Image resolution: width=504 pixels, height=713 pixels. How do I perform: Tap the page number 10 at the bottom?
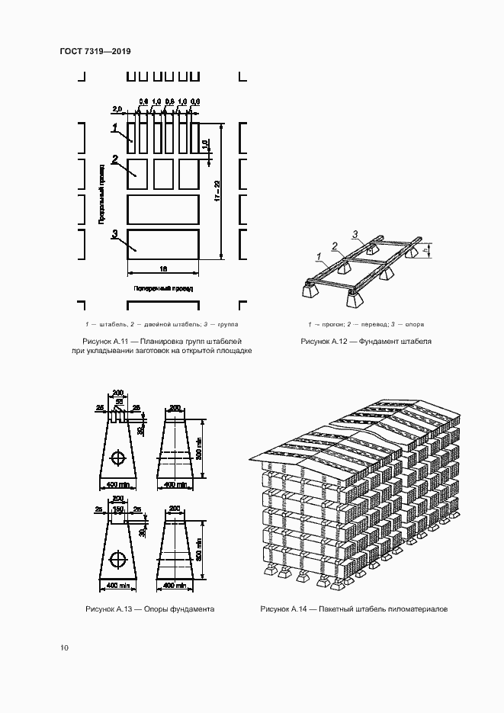(x=64, y=648)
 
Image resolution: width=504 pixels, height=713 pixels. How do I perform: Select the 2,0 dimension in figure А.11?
(x=117, y=108)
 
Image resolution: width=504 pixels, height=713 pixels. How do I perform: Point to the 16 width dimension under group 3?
(x=163, y=268)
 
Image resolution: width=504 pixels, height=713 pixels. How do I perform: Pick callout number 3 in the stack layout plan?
(x=114, y=234)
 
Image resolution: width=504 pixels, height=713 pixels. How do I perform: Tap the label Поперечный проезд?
(x=163, y=290)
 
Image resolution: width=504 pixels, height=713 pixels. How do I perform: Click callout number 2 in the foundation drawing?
(x=334, y=246)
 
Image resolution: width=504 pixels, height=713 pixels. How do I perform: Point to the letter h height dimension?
(x=432, y=249)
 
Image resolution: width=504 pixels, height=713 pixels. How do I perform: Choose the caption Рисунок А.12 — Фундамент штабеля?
(x=366, y=341)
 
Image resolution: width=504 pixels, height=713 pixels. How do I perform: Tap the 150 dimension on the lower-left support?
(x=118, y=509)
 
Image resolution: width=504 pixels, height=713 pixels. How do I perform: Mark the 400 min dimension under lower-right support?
(x=175, y=586)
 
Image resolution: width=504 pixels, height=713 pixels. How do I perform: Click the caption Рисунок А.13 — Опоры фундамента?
(x=149, y=609)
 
